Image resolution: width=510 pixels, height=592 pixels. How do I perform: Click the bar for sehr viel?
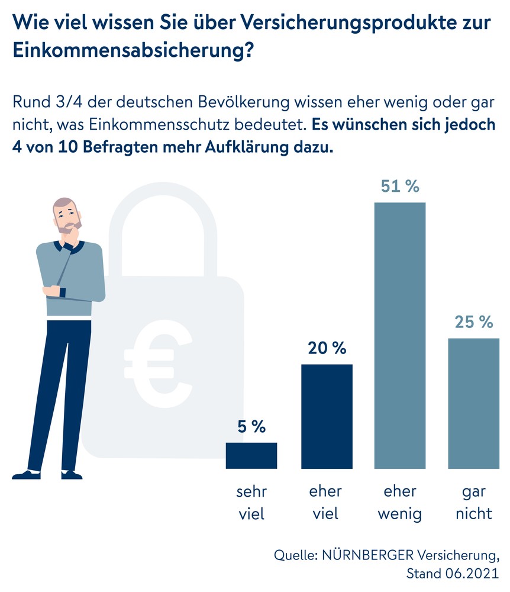click(251, 455)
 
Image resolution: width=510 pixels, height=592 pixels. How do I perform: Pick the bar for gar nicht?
click(473, 403)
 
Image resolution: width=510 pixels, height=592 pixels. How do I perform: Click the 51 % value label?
click(400, 186)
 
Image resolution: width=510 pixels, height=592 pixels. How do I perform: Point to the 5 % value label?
click(251, 426)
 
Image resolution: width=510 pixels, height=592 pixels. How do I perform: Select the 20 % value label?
click(327, 348)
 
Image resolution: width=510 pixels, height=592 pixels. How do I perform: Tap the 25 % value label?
click(473, 322)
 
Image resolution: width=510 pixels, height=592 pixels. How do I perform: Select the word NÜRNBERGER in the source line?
click(368, 556)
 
